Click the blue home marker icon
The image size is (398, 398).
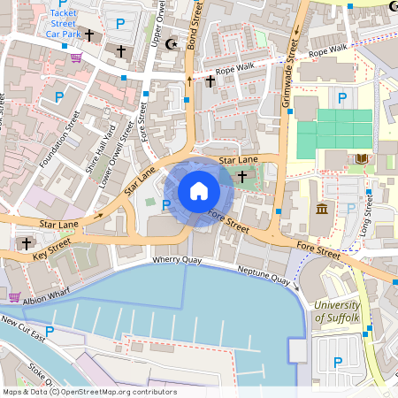point(199,191)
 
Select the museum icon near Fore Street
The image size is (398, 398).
point(320,209)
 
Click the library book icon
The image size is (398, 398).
point(361,159)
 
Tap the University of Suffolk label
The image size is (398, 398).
point(337,311)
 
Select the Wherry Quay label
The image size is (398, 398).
point(177,261)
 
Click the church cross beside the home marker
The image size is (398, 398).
point(241,177)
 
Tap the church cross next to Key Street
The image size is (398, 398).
point(27,242)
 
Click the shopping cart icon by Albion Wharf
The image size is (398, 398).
point(14,296)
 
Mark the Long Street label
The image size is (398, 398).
point(365,218)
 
